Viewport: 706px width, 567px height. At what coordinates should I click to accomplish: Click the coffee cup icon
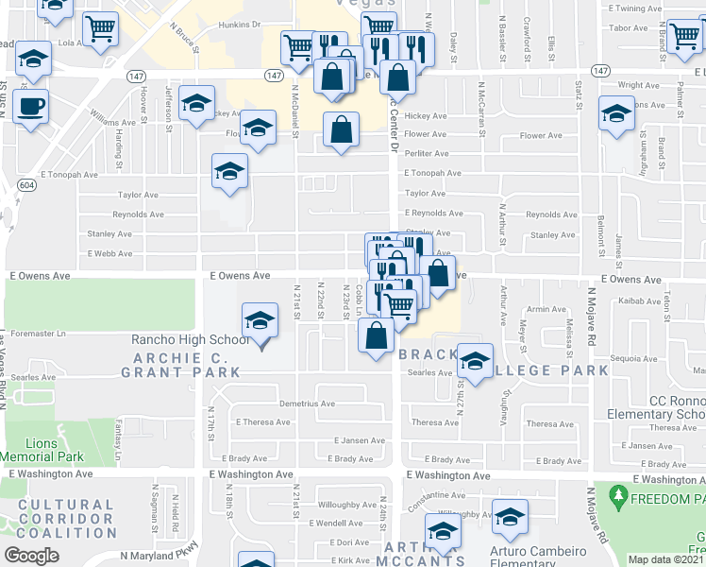[x=33, y=105]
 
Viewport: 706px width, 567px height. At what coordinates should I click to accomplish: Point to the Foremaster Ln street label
[x=40, y=333]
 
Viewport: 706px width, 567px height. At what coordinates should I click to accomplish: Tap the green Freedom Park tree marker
[x=619, y=494]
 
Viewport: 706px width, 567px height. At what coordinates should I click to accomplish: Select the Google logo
[x=32, y=555]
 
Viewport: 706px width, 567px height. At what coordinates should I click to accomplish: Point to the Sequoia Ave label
[x=632, y=358]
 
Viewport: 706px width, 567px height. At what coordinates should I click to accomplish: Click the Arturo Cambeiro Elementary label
[x=538, y=552]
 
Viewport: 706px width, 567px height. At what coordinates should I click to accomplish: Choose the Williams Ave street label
[x=112, y=122]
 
